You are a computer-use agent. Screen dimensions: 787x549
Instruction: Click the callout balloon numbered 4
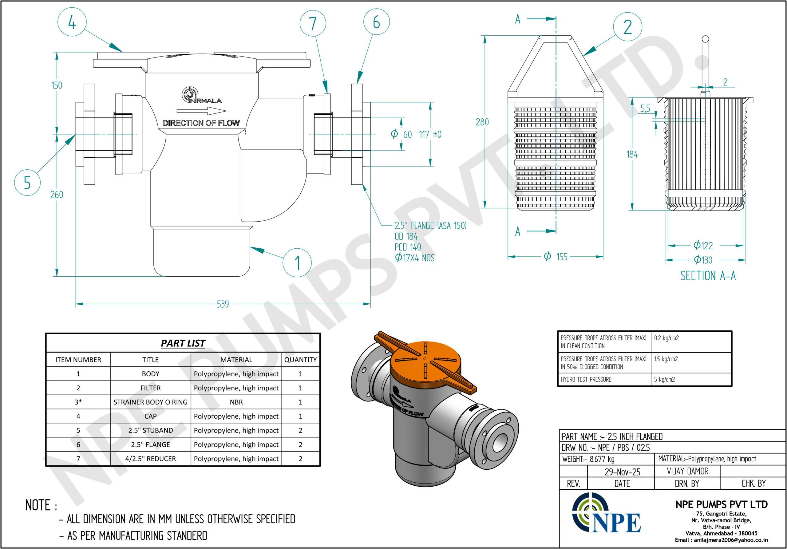coord(72,22)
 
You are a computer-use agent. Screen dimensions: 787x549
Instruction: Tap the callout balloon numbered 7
coord(313,23)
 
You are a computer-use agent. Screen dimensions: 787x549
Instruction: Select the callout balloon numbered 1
coord(297,263)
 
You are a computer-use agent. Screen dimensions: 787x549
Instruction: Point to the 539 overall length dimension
coord(223,304)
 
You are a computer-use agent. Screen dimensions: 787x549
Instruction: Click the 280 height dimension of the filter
coord(482,122)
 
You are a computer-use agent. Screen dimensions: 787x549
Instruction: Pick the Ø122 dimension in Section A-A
coord(703,245)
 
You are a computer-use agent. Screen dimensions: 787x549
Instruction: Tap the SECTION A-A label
coord(708,276)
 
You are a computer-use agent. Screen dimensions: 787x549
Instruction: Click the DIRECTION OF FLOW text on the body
coord(201,123)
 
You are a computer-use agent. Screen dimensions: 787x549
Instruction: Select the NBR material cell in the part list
coord(236,402)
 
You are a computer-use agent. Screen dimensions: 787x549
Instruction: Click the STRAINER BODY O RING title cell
coord(150,402)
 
